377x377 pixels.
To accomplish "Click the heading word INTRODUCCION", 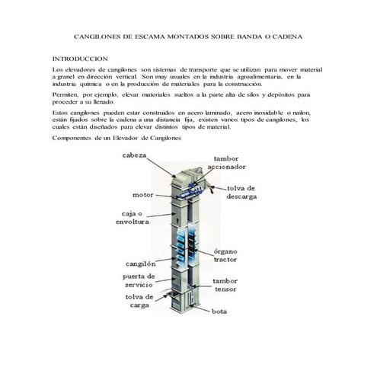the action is (80, 59).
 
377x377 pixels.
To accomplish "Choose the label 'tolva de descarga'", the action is (241, 192).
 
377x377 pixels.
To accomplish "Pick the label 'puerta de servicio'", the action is (139, 280).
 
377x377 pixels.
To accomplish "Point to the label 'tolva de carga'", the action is (139, 302).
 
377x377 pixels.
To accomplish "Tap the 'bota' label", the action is (220, 312).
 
